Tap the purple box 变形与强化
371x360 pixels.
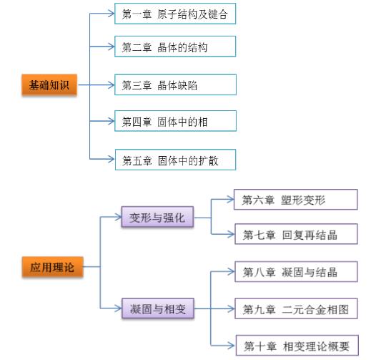pos(157,218)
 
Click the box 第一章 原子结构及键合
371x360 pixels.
pos(174,14)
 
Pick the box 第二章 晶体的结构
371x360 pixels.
pos(174,48)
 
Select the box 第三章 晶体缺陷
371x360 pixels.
pos(174,85)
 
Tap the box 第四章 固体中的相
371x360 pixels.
pos(174,122)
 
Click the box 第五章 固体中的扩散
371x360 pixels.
pos(174,160)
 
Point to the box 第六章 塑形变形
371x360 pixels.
pos(295,200)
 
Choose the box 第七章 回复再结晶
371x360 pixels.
pos(295,235)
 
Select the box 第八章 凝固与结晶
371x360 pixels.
pos(295,272)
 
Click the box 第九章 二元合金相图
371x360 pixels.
pos(295,309)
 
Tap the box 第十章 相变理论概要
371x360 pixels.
pos(295,346)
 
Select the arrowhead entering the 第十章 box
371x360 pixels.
pos(230,346)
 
